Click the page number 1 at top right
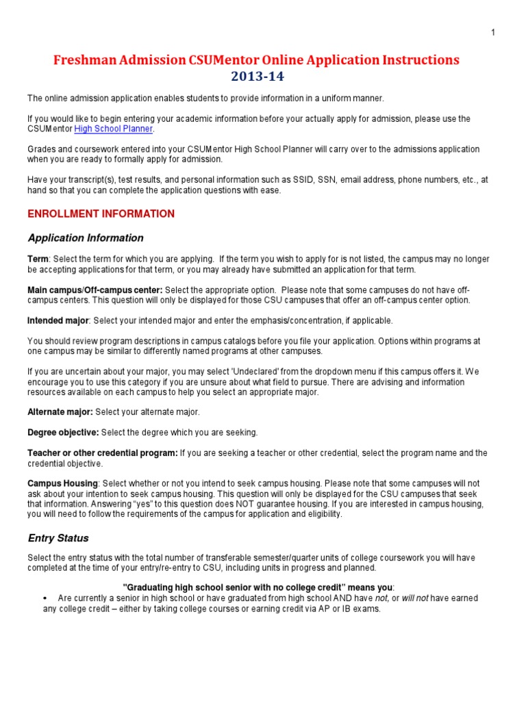pyautogui.click(x=493, y=32)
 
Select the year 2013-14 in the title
pyautogui.click(x=257, y=76)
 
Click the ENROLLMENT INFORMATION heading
pyautogui.click(x=101, y=214)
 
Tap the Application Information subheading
pyautogui.click(x=86, y=238)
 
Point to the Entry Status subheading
pyautogui.click(x=58, y=538)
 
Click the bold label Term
pyautogui.click(x=38, y=259)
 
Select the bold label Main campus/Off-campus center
pyautogui.click(x=95, y=290)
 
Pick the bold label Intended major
pyautogui.click(x=58, y=320)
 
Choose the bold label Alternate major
pyautogui.click(x=60, y=411)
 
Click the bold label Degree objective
pyautogui.click(x=63, y=433)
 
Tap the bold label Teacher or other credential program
pyautogui.click(x=102, y=453)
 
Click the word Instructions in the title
pyautogui.click(x=417, y=60)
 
